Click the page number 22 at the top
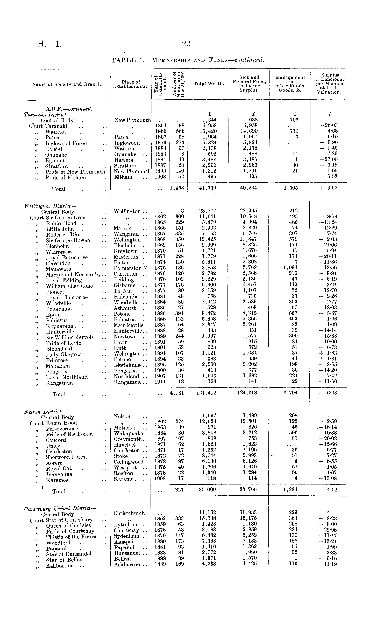[187, 44]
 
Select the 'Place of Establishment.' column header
[131, 84]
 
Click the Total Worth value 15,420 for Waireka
[208, 131]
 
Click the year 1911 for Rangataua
[160, 382]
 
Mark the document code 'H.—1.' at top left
[49, 44]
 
